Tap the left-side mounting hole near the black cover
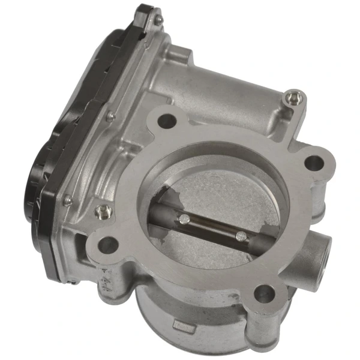point(107,244)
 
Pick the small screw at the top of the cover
point(157,21)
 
